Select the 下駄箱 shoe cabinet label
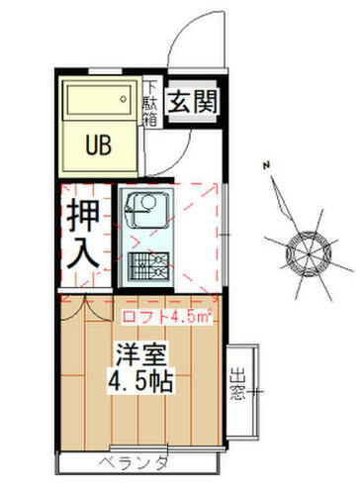point(152,101)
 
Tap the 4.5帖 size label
point(140,382)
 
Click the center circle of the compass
point(299,247)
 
